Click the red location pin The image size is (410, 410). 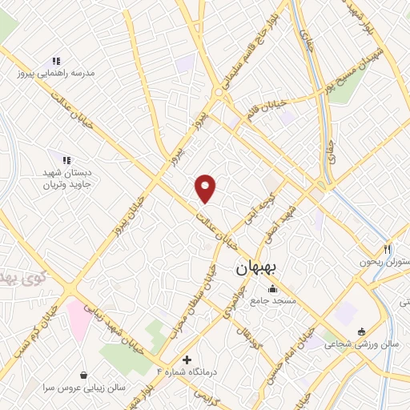pos(207,187)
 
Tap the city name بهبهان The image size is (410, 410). pos(255,270)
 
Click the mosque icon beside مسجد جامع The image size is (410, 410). pos(273,289)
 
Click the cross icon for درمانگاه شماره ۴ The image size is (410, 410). pos(187,360)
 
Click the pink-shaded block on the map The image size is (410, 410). pos(79,316)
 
